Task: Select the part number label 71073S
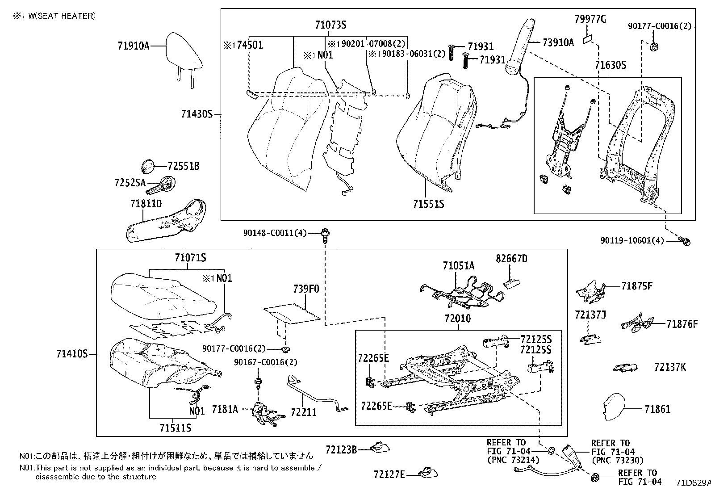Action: point(330,25)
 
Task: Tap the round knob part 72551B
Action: point(148,166)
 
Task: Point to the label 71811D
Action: point(146,203)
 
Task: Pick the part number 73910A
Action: point(558,42)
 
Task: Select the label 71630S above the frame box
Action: point(611,65)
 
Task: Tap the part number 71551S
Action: point(428,204)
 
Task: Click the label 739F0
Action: point(306,289)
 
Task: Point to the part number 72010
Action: point(457,319)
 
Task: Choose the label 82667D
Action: point(511,259)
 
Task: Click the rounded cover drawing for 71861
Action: point(614,407)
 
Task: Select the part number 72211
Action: point(303,412)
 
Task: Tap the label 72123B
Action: point(341,449)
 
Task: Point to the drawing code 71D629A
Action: point(693,483)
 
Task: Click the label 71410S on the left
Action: point(72,354)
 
